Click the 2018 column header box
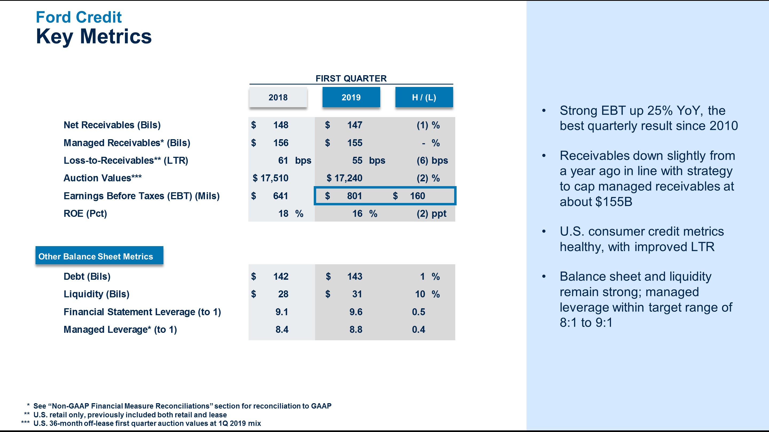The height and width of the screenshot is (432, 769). pos(278,97)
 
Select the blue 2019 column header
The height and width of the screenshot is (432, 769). pos(351,97)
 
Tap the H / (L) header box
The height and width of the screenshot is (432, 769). pos(424,97)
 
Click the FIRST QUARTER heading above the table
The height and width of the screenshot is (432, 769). pos(351,78)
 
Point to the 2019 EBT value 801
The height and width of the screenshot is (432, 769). pos(354,196)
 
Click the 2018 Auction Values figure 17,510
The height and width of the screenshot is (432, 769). pos(274,178)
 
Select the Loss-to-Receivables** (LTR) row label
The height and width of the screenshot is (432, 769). pos(126,160)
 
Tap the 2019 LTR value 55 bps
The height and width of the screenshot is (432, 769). pos(368,160)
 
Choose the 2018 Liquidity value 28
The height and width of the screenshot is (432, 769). pos(283,294)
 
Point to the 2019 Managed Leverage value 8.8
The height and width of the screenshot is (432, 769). pos(356,329)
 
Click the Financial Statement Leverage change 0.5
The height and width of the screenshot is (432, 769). pos(418,312)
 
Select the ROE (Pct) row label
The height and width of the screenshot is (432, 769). pos(85,213)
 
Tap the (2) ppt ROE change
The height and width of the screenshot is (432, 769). pos(431,213)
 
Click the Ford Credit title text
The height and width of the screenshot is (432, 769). pos(79,17)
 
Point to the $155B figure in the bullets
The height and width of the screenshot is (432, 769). pos(614,202)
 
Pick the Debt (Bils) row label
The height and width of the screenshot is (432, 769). pos(87,276)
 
